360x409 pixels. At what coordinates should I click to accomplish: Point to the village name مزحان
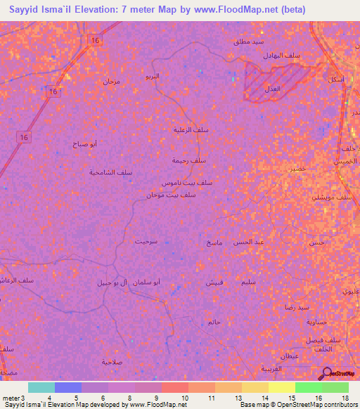[x=112, y=82]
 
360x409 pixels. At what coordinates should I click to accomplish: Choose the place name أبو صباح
[x=84, y=143]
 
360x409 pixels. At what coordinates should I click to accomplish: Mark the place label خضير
[x=297, y=169]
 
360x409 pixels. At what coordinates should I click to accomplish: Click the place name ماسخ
[x=214, y=242]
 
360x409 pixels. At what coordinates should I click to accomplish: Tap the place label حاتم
[x=214, y=322]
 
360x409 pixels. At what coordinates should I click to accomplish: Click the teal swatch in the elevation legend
[x=41, y=387]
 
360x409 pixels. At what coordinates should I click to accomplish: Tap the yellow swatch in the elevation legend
[x=281, y=387]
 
